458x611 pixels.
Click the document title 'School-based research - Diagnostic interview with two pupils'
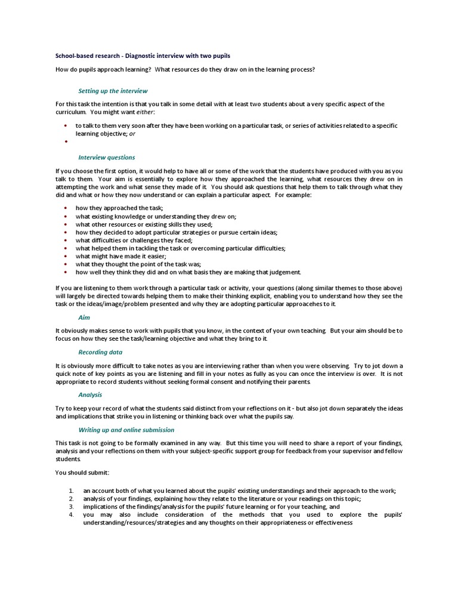coord(143,55)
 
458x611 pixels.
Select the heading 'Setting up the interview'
coord(113,91)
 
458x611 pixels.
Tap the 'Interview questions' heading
coord(107,158)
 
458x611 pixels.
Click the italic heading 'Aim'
coord(84,318)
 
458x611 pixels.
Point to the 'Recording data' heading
coord(100,353)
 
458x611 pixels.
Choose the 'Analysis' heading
coord(91,394)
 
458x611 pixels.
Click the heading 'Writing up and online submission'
coord(126,430)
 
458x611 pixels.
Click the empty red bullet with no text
coord(64,142)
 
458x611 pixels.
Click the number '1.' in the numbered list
coord(70,490)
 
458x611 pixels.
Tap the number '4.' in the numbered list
coord(70,514)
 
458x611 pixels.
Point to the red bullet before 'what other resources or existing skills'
coord(64,224)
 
